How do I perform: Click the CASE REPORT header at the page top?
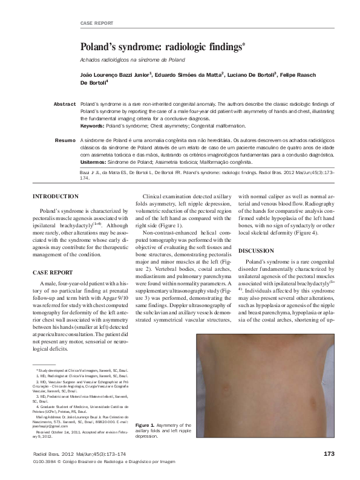click(x=96, y=23)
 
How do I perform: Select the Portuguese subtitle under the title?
click(x=133, y=60)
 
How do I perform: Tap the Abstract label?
click(x=64, y=105)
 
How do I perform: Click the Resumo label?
click(x=65, y=140)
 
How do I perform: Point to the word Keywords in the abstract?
click(x=92, y=126)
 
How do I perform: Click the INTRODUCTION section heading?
click(x=55, y=196)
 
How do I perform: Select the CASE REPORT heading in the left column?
click(x=53, y=272)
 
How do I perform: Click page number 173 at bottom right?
click(x=329, y=453)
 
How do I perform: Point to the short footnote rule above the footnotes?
click(x=44, y=364)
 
